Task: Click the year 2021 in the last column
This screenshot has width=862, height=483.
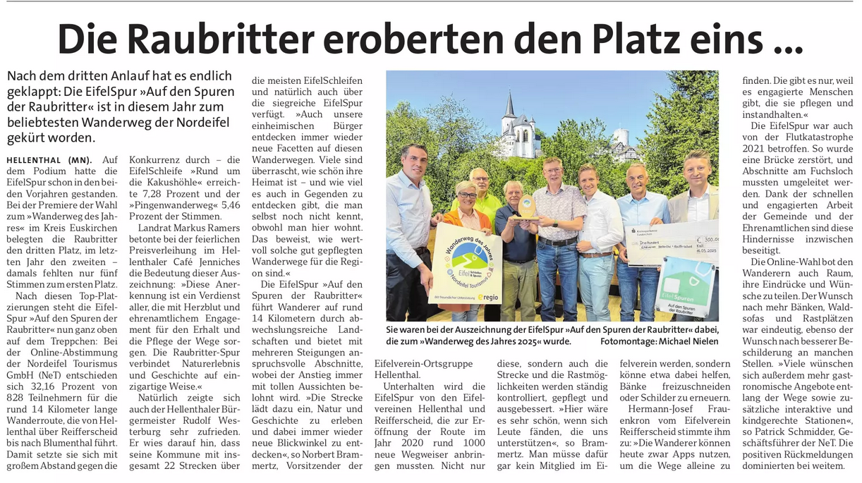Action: (x=755, y=149)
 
